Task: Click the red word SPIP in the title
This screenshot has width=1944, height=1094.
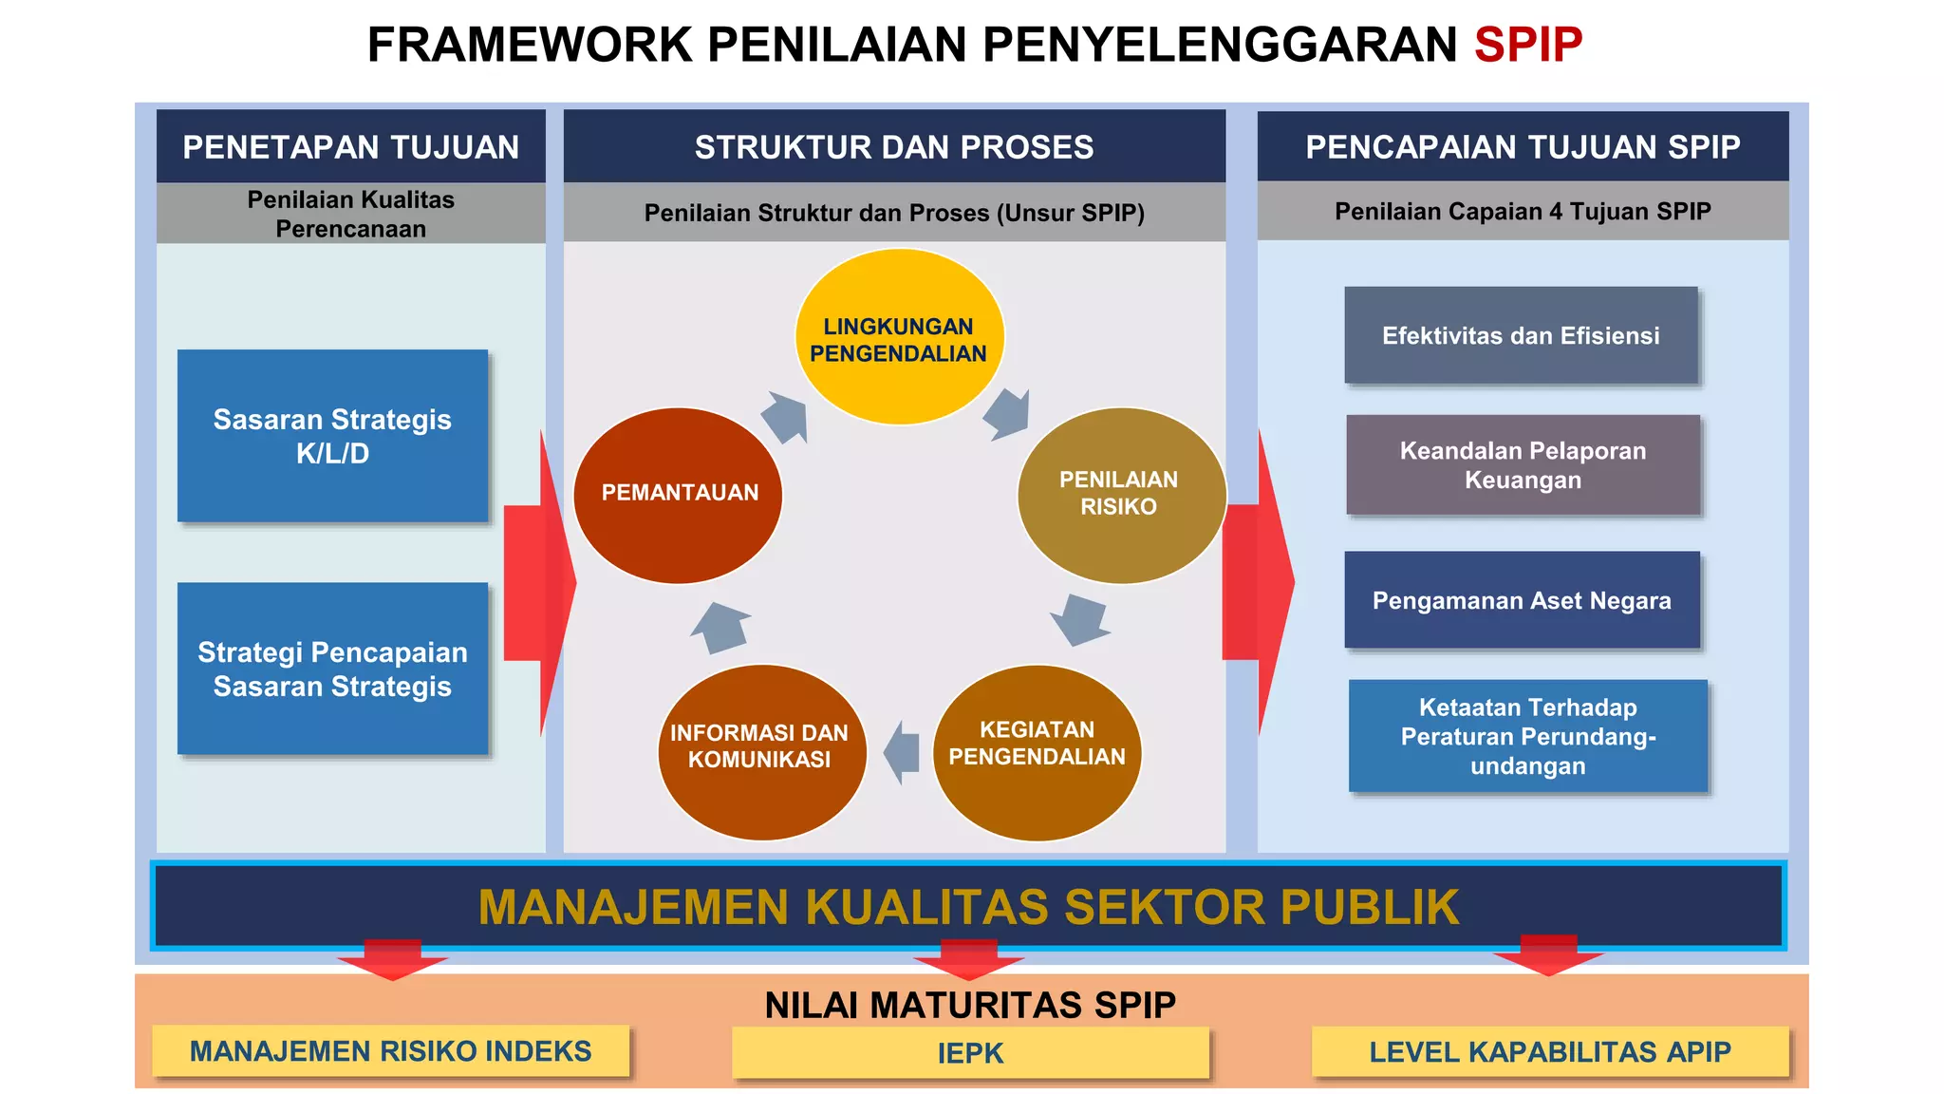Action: point(1527,45)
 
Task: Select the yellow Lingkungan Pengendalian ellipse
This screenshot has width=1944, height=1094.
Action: point(899,337)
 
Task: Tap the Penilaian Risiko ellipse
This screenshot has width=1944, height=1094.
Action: point(1120,495)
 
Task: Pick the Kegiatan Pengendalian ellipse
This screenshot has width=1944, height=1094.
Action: point(1037,751)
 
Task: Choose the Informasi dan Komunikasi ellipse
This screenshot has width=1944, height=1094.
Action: point(761,751)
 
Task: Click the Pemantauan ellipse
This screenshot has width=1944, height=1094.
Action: point(679,495)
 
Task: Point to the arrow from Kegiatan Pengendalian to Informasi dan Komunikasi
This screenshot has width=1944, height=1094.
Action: point(903,752)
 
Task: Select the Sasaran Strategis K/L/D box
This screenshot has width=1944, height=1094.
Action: point(332,436)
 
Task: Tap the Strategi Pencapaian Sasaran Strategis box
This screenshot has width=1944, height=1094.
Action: point(332,669)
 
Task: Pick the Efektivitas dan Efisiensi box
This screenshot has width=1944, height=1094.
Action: point(1521,335)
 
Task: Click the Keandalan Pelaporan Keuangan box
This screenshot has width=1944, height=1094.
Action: point(1523,465)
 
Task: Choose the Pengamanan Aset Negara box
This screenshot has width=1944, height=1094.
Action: point(1522,600)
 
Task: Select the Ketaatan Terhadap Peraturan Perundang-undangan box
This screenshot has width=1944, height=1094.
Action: point(1527,736)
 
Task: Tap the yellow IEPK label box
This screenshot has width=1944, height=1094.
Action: point(970,1052)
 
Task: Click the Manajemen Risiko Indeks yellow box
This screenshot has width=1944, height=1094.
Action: point(390,1050)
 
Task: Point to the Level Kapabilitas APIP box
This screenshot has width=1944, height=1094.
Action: point(1549,1051)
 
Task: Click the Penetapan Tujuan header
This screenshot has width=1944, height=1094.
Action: point(350,146)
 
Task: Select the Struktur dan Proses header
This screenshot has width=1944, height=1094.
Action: point(894,146)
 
